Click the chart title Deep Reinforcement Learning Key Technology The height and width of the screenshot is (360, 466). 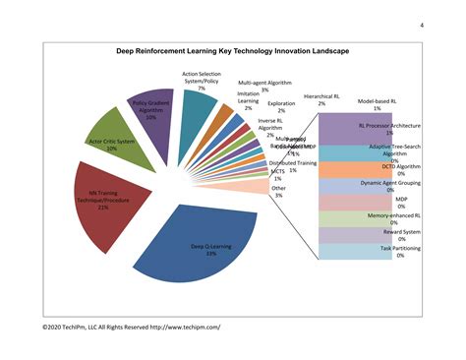click(x=231, y=51)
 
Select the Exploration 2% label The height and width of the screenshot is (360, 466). click(x=281, y=106)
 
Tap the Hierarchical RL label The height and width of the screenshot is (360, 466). click(x=321, y=99)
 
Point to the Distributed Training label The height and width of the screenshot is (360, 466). click(x=292, y=165)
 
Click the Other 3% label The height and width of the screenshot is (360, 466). click(x=279, y=191)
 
